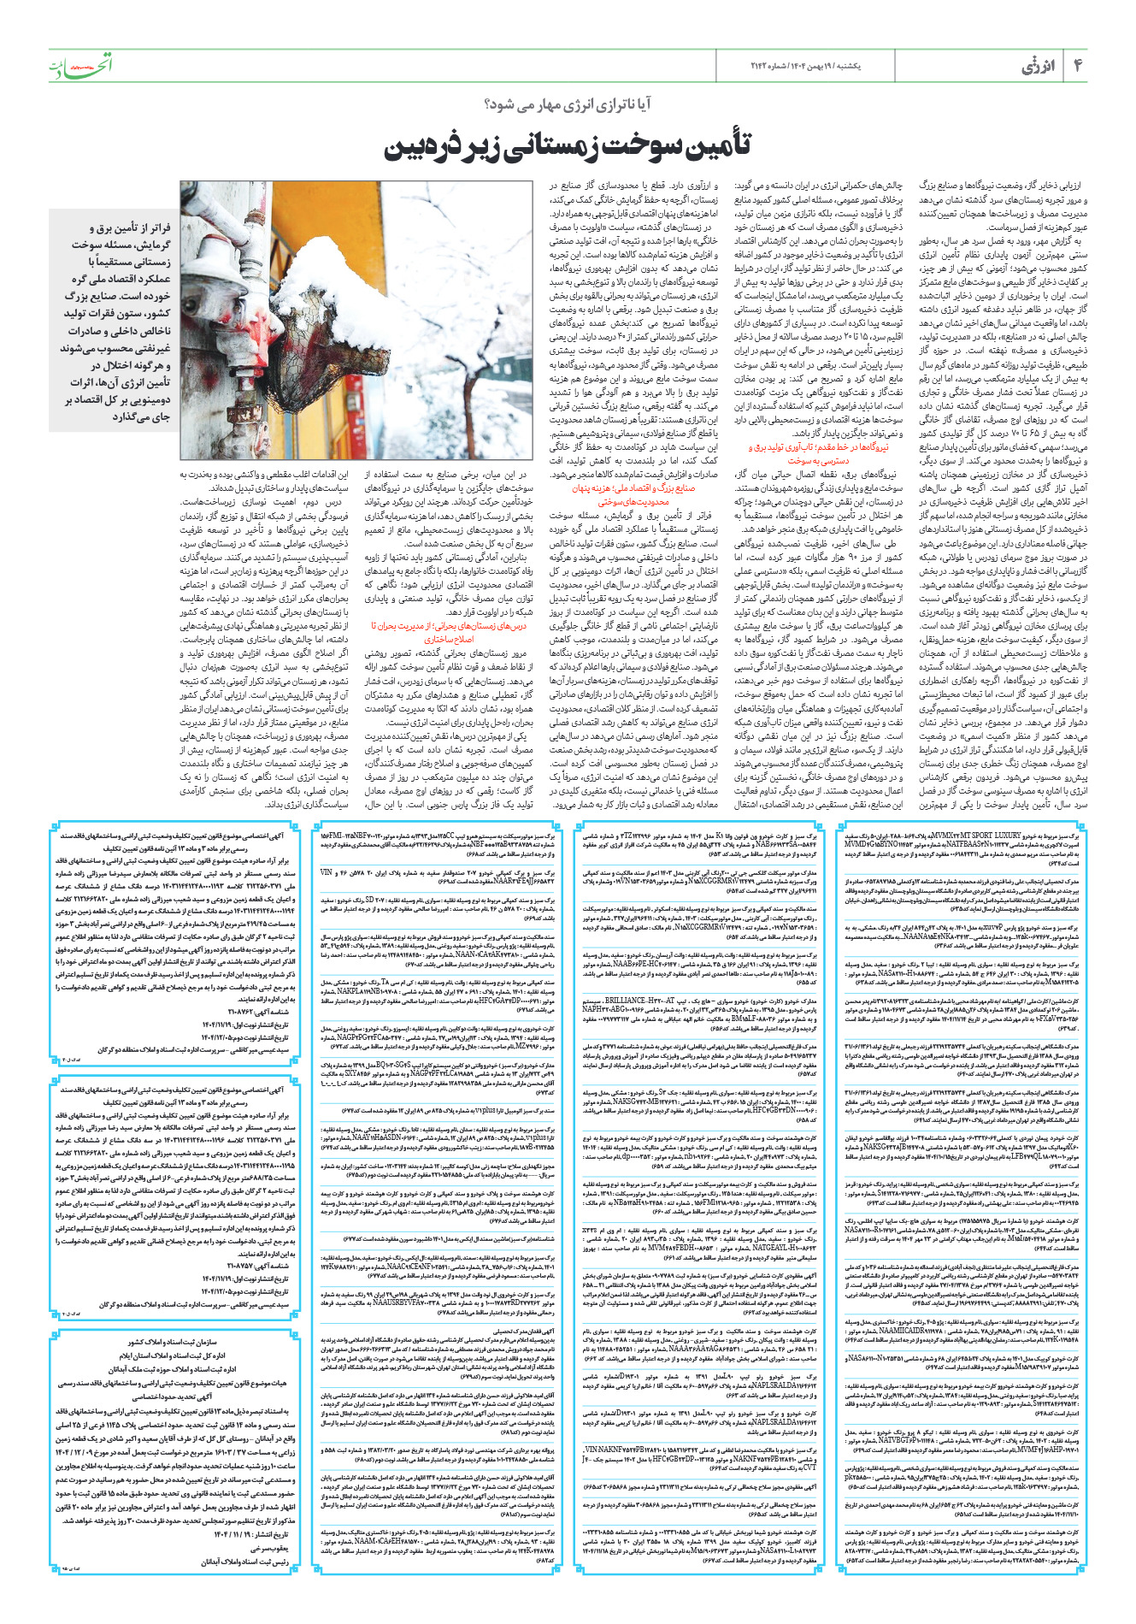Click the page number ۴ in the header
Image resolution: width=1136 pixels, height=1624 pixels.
(1077, 66)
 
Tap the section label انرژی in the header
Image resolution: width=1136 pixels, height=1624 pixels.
(1039, 67)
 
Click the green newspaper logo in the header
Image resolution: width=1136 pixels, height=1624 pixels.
(79, 66)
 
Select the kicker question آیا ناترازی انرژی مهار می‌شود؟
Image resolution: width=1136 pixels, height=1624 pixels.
(567, 105)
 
